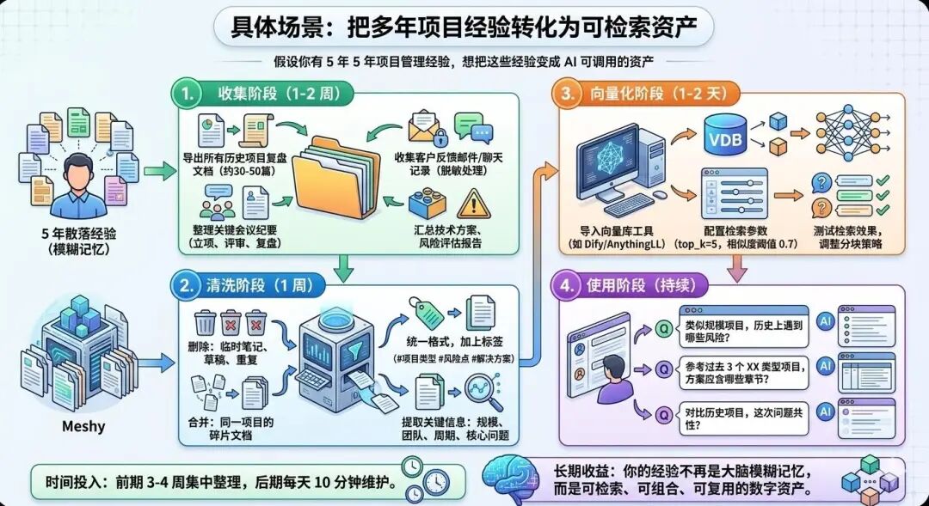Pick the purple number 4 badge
568,285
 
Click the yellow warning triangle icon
471,204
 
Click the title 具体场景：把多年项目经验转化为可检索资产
464,27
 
